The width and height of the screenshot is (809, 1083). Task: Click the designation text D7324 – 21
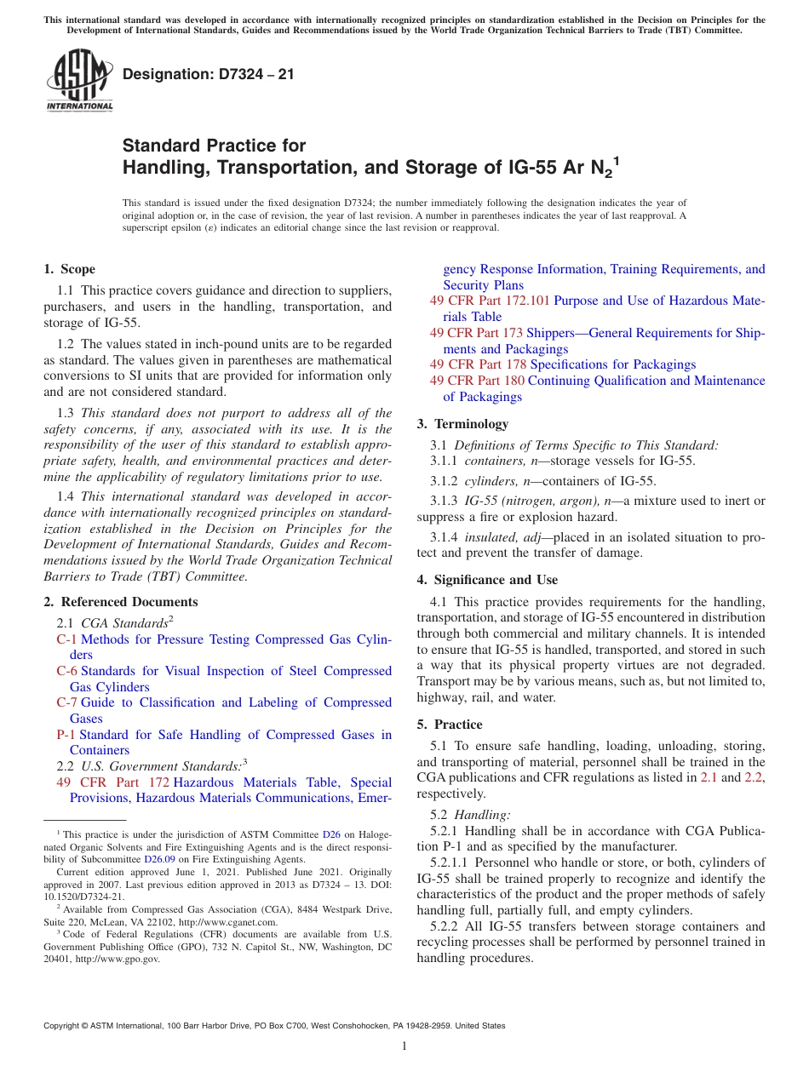[x=209, y=74]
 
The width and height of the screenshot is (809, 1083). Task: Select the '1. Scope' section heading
[x=70, y=269]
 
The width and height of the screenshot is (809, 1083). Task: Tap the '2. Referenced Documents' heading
[x=120, y=602]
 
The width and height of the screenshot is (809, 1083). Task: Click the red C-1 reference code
[x=66, y=639]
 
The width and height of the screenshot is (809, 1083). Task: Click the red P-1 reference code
[x=66, y=735]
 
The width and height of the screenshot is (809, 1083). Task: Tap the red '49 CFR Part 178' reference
[x=478, y=364]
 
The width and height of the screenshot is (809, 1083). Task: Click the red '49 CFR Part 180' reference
[x=477, y=381]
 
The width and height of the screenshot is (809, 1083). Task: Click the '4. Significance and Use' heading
[x=487, y=580]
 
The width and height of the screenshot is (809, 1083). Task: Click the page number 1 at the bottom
[x=404, y=1046]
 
